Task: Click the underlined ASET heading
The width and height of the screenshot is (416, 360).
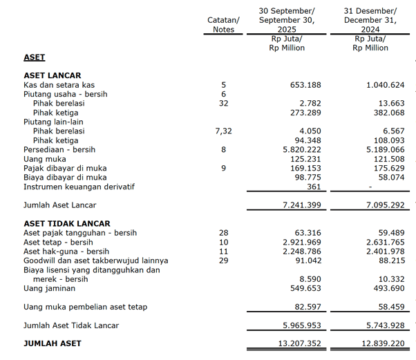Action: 35,58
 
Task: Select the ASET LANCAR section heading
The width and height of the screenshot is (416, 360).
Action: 53,75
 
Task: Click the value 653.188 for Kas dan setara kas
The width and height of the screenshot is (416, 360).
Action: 305,85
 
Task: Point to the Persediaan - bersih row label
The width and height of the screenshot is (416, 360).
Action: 59,150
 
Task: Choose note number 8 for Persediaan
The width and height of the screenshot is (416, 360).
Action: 223,150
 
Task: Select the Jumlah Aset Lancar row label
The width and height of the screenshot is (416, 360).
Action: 60,205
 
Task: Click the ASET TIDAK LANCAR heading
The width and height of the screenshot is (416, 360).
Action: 66,224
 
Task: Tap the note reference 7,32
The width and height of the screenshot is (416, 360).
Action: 223,131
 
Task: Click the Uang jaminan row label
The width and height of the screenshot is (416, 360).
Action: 50,288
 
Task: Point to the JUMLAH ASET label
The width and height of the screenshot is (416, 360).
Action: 53,343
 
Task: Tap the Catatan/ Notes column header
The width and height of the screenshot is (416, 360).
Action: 223,25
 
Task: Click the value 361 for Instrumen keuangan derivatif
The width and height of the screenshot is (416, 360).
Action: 314,187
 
